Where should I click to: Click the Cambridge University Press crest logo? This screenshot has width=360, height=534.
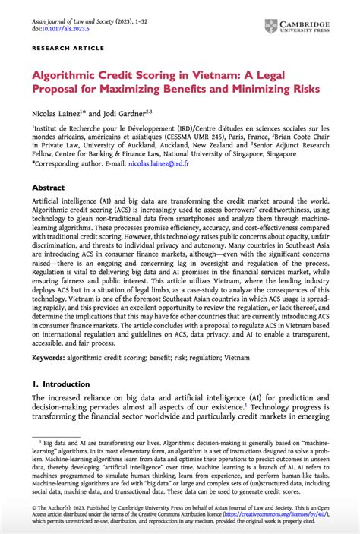coord(271,26)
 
